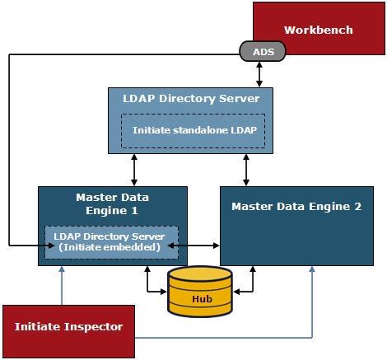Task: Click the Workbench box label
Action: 318,30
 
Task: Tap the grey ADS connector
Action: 263,52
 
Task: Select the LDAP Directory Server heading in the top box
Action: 191,99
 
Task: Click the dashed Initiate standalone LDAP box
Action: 193,130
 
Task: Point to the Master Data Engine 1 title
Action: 112,203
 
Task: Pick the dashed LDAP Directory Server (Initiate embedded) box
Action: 110,241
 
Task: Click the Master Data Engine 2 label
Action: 296,207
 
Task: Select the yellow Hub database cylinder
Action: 199,292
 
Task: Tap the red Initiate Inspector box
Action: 68,327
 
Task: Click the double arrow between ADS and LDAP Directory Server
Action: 261,73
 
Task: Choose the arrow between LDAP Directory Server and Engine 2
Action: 246,170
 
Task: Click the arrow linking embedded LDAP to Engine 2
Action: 198,245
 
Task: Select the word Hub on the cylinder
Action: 199,299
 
